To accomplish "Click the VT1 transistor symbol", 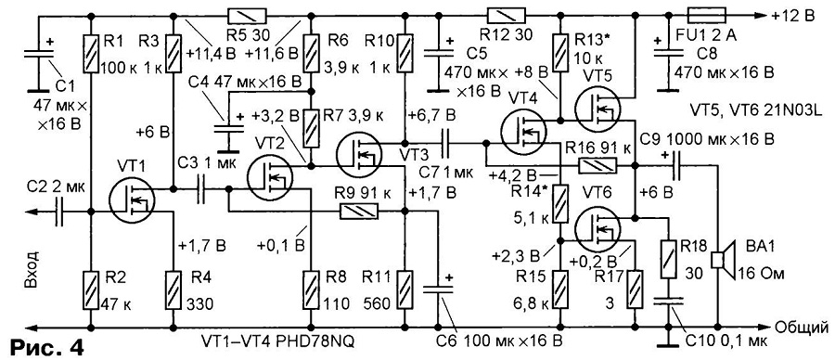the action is click(132, 200).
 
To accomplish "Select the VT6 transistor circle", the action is click(598, 228).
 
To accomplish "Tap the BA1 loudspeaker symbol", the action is click(725, 261).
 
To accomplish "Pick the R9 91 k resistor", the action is click(359, 212).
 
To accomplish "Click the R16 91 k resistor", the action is click(597, 166).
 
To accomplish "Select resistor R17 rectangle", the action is click(635, 289).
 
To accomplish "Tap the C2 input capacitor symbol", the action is click(58, 212).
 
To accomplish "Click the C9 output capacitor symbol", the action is click(676, 166).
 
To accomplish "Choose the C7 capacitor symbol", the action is click(445, 143).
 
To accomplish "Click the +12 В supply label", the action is click(792, 16).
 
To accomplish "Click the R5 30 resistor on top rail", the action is click(246, 15).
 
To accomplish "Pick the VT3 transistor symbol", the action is click(358, 154).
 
